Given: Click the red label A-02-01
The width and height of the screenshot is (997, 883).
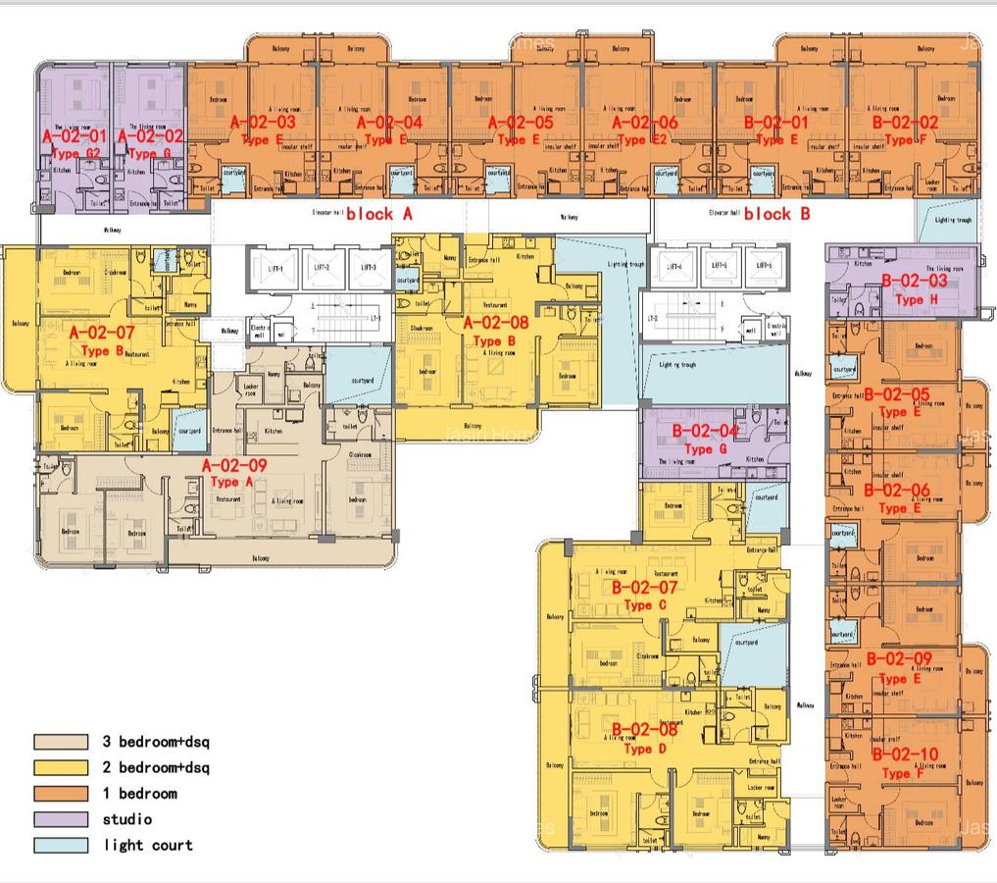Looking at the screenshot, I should (74, 136).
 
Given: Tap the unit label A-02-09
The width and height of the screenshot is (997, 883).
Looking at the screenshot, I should (233, 465).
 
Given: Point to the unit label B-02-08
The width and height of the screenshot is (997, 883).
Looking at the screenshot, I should (644, 730).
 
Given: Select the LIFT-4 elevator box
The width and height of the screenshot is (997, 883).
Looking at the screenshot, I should (672, 267).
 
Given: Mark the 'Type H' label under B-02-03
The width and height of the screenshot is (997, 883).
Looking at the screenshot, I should (909, 300).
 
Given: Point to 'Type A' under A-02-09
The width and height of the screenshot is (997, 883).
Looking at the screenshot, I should (224, 482).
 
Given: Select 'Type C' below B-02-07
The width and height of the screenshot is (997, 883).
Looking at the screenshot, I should (638, 605).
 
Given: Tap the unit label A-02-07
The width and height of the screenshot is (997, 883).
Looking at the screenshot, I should (102, 334).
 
